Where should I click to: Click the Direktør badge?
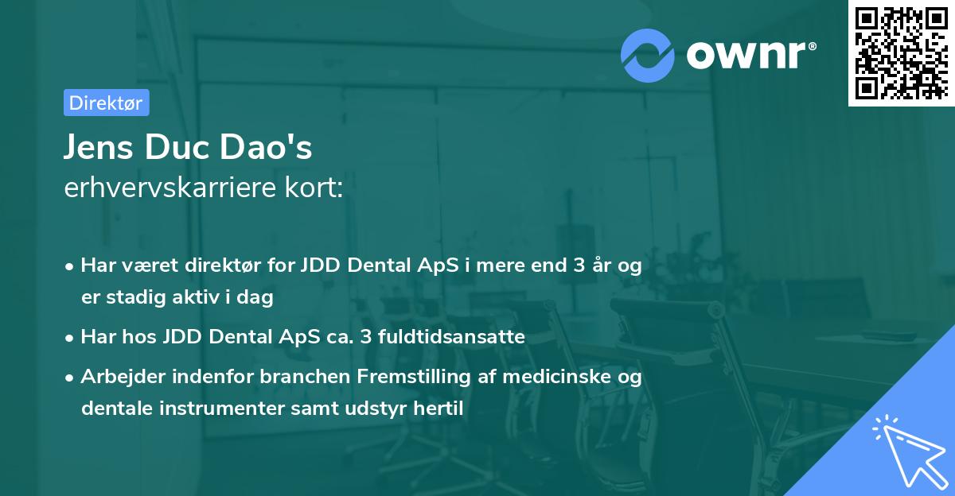(106, 103)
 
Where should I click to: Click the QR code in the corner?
(900, 52)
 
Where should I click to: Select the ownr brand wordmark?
(748, 54)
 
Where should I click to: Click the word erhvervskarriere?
(170, 188)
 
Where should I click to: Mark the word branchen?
(289, 377)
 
